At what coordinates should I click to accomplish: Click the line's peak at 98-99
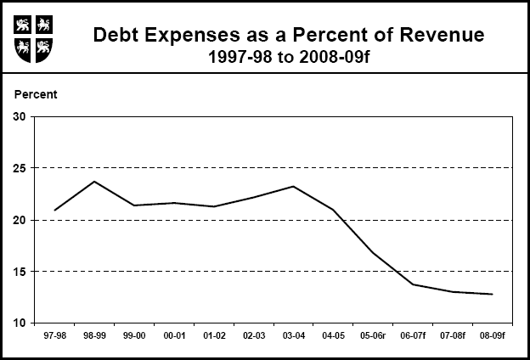(94, 182)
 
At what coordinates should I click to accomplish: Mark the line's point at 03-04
(293, 187)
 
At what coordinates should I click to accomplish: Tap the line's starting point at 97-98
(55, 210)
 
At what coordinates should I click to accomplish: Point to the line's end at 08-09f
(492, 295)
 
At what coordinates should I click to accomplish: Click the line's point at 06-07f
(413, 284)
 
